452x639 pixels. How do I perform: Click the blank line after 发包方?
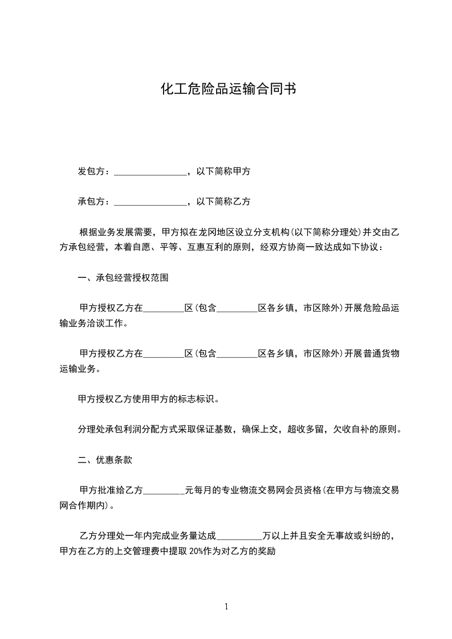(x=150, y=172)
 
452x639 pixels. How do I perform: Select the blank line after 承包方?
(x=150, y=202)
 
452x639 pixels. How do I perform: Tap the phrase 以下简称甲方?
(x=223, y=171)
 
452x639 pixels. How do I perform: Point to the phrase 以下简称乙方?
(x=223, y=202)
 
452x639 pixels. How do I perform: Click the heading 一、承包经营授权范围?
(x=123, y=278)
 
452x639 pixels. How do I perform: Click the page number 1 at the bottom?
(x=226, y=607)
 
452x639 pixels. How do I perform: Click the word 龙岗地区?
(x=217, y=232)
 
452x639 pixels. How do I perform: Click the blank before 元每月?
(x=164, y=491)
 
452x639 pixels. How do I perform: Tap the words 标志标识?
(x=192, y=399)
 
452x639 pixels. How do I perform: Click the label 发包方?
(x=91, y=171)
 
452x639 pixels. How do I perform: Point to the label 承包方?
(x=91, y=202)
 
